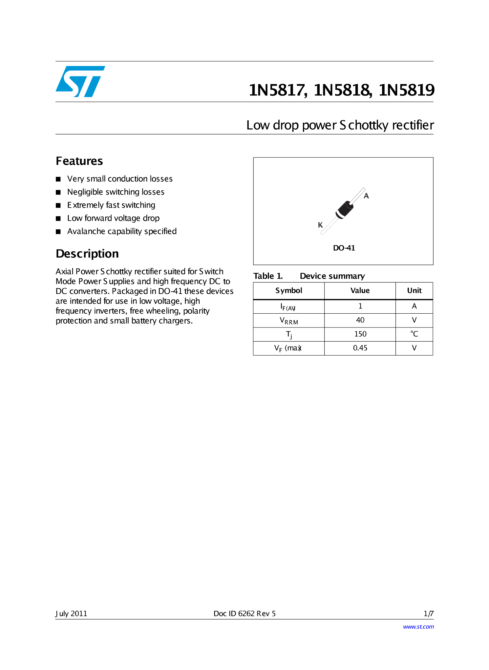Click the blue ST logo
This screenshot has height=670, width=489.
point(80,81)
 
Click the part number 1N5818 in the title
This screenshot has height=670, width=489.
point(342,90)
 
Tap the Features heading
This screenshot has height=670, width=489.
point(79,161)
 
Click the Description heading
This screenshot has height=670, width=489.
point(87,254)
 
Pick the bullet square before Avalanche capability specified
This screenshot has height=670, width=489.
point(58,232)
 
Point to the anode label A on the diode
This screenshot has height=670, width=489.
point(366,196)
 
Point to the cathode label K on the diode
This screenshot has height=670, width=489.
point(320,225)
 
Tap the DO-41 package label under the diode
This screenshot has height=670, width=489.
point(344,248)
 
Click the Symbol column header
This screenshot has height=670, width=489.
point(288,291)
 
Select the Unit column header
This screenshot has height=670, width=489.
point(414,291)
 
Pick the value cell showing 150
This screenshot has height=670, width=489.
point(360,334)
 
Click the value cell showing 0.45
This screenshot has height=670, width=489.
point(360,348)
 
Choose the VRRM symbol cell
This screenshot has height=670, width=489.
point(288,321)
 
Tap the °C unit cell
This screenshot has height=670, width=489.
point(414,334)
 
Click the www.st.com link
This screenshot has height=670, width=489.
point(418,627)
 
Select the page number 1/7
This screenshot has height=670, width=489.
point(428,614)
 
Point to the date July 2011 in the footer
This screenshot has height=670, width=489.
point(71,614)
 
